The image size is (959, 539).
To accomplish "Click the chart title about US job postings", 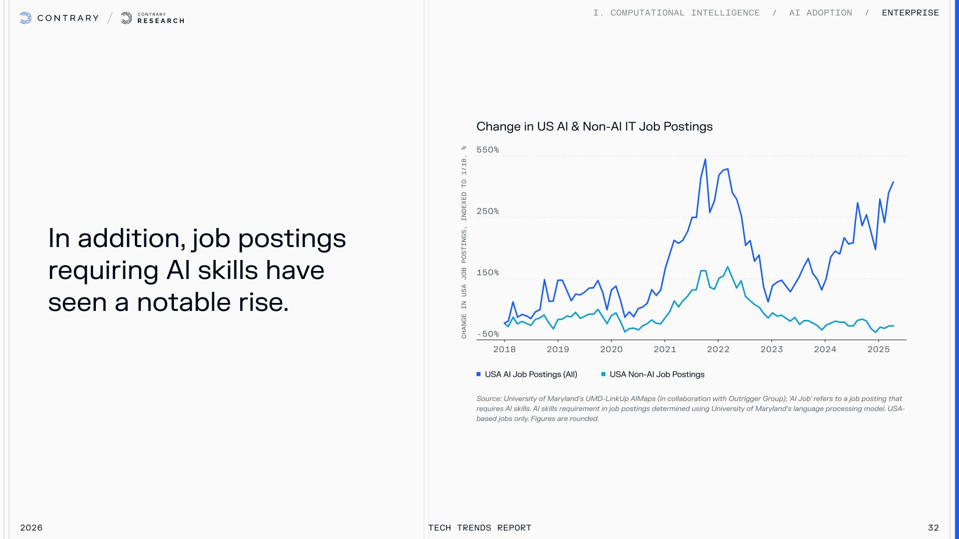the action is [594, 127].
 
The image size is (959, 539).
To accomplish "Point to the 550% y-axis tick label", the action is [487, 150].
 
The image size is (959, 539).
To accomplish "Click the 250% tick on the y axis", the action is [487, 211].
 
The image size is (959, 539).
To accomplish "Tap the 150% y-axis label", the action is [487, 272].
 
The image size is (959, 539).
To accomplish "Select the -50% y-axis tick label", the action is [488, 334].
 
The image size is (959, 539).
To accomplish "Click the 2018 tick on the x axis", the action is [504, 349].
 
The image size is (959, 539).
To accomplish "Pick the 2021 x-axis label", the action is [665, 349].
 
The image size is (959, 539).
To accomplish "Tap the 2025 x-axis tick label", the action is [879, 349].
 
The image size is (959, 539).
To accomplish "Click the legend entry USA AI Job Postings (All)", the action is [527, 374].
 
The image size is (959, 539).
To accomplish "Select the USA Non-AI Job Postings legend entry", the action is [653, 374].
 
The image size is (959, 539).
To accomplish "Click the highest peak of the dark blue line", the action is [705, 160].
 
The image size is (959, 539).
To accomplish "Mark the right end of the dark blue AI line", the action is [893, 182].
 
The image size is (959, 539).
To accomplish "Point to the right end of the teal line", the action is [893, 326].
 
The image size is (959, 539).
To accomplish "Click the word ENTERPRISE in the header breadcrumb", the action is [910, 13].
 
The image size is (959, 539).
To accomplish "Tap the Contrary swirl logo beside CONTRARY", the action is [25, 18].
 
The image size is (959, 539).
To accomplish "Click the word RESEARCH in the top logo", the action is [161, 21].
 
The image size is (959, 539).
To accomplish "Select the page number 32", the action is [933, 528].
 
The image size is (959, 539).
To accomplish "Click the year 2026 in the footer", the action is [31, 528].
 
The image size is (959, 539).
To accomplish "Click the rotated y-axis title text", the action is [464, 242].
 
